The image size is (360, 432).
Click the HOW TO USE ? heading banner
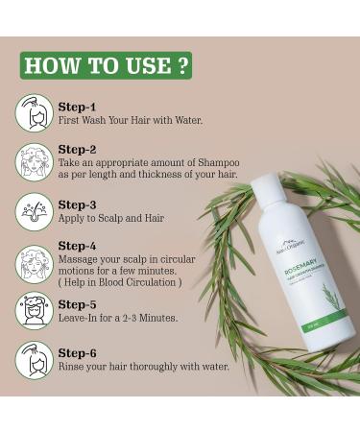click(106, 65)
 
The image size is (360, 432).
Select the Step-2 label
click(78, 149)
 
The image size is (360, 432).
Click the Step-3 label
click(78, 204)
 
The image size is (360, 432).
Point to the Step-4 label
click(78, 246)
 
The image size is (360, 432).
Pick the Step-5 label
click(78, 303)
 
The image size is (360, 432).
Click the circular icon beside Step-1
click(34, 113)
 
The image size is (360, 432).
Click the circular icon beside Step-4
click(34, 262)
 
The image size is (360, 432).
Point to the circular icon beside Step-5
click(34, 310)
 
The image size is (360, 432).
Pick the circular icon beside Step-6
click(34, 359)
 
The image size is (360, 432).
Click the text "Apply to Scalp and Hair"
click(111, 219)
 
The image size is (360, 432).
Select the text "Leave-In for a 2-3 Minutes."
click(118, 318)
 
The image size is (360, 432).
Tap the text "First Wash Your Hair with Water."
click(131, 120)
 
